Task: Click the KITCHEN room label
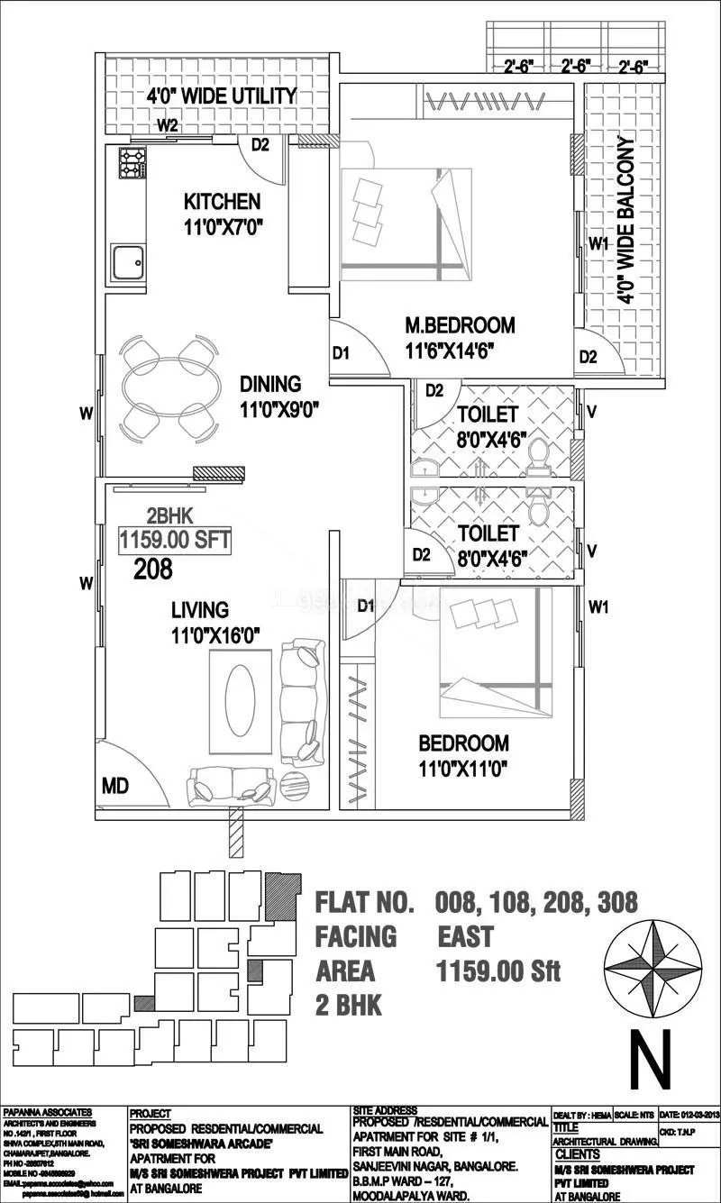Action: (222, 201)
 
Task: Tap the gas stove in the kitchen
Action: (132, 164)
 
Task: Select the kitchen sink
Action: (127, 263)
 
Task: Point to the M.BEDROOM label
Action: (460, 324)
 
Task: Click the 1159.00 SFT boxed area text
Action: (176, 541)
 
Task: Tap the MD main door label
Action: (114, 787)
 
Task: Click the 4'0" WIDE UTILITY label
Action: (222, 96)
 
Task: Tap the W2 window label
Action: (167, 125)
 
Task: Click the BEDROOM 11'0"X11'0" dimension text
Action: (463, 770)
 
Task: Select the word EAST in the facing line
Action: (465, 937)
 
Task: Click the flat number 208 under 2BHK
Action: (153, 569)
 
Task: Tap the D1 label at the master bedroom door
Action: (341, 354)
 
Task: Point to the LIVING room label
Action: (200, 611)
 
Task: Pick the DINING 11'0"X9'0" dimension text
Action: (280, 410)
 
